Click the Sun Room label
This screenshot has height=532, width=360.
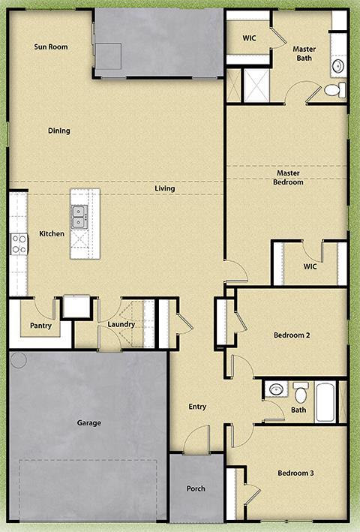tap(51, 47)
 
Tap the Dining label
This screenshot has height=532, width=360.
tap(58, 131)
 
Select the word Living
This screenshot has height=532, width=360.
tap(165, 188)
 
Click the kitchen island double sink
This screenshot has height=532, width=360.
tap(78, 217)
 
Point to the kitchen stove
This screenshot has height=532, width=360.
tap(18, 244)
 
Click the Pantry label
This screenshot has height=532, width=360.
tap(40, 326)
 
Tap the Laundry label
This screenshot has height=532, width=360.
tap(121, 325)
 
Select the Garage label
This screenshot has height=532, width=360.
tap(88, 423)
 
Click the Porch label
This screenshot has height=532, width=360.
tap(196, 489)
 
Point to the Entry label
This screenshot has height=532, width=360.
tap(197, 407)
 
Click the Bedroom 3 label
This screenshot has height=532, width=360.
tap(295, 473)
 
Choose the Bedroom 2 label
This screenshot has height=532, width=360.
tap(292, 335)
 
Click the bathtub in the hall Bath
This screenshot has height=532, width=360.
tap(325, 402)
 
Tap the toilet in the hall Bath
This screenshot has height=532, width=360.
tap(301, 392)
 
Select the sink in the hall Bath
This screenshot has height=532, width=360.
tap(276, 389)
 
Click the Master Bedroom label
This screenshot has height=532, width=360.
tap(288, 178)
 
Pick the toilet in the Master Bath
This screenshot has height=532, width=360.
tap(334, 90)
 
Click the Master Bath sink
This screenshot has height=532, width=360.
tap(338, 66)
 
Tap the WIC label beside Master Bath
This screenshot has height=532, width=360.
tap(250, 38)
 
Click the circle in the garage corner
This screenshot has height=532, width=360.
tap(19, 360)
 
